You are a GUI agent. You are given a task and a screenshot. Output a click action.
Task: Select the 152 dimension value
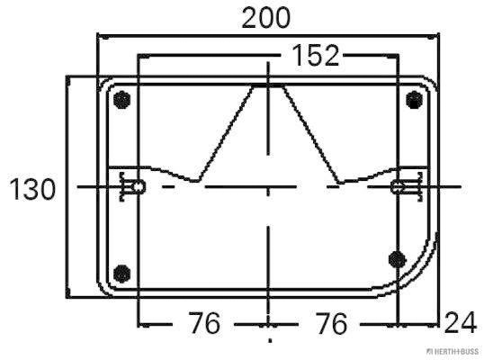[316, 56]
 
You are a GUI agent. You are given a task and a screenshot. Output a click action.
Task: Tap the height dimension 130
[32, 190]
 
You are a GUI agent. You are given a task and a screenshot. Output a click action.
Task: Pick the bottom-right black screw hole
[396, 259]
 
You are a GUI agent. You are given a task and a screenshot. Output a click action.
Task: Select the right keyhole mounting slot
[400, 187]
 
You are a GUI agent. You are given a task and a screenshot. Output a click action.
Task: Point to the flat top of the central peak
[268, 85]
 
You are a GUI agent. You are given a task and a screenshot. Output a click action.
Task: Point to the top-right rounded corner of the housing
[430, 85]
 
